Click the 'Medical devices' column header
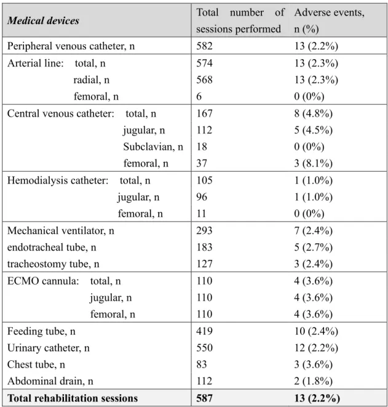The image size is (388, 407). (x=43, y=20)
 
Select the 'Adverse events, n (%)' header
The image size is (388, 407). (x=329, y=20)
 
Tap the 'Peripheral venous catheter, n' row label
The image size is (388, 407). (x=71, y=46)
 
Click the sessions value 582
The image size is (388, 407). (x=204, y=46)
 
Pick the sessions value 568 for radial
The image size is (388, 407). (x=204, y=79)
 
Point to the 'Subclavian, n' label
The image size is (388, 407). (x=153, y=147)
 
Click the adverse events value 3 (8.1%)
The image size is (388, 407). (x=313, y=163)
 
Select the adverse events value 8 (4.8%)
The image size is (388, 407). (x=313, y=113)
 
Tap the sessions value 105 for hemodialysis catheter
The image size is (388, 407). (x=204, y=180)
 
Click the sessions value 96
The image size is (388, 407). (x=202, y=197)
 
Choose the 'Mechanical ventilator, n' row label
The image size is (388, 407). (x=61, y=230)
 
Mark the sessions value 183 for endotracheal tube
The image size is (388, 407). (x=204, y=247)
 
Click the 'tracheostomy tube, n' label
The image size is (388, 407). (x=53, y=264)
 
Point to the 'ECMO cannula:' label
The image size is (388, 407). (x=43, y=281)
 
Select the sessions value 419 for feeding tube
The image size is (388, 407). (x=204, y=331)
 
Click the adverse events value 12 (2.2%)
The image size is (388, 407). (x=316, y=348)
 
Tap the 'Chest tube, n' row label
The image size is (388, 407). (x=36, y=365)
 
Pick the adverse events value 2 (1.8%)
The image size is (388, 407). (x=313, y=381)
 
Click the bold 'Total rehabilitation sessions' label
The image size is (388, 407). (x=73, y=398)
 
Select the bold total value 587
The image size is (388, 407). (x=204, y=398)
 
